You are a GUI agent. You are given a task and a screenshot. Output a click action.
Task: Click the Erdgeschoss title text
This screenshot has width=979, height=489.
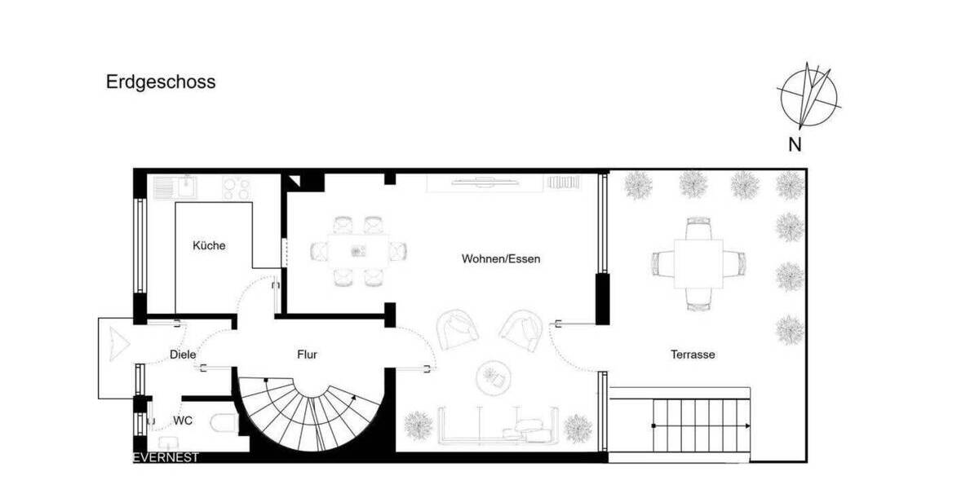161,82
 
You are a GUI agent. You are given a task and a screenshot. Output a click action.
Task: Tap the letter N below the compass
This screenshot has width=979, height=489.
795,145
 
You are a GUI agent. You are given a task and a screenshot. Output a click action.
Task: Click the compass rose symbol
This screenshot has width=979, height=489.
808,98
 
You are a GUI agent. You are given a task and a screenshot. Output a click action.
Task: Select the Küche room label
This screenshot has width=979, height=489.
209,245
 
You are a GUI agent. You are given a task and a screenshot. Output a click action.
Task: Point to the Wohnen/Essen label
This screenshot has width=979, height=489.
501,259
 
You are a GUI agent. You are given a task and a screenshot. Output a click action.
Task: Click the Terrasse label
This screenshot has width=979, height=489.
693,355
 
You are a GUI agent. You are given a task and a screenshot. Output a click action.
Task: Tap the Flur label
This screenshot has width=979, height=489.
307,355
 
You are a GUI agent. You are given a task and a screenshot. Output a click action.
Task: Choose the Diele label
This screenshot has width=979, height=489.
183,355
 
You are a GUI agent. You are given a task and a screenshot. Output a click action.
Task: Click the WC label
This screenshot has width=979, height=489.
183,421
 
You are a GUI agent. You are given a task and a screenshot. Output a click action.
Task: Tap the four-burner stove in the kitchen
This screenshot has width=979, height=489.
236,188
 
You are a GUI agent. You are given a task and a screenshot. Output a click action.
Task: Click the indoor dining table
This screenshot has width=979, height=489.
359,251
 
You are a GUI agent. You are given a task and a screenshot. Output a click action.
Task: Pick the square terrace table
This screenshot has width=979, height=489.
698,263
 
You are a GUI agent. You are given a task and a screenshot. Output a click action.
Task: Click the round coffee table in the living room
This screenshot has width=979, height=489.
492,376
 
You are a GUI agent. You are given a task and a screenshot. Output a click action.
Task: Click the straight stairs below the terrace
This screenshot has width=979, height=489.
702,425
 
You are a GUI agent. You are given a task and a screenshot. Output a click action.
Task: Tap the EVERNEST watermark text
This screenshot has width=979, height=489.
166,458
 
